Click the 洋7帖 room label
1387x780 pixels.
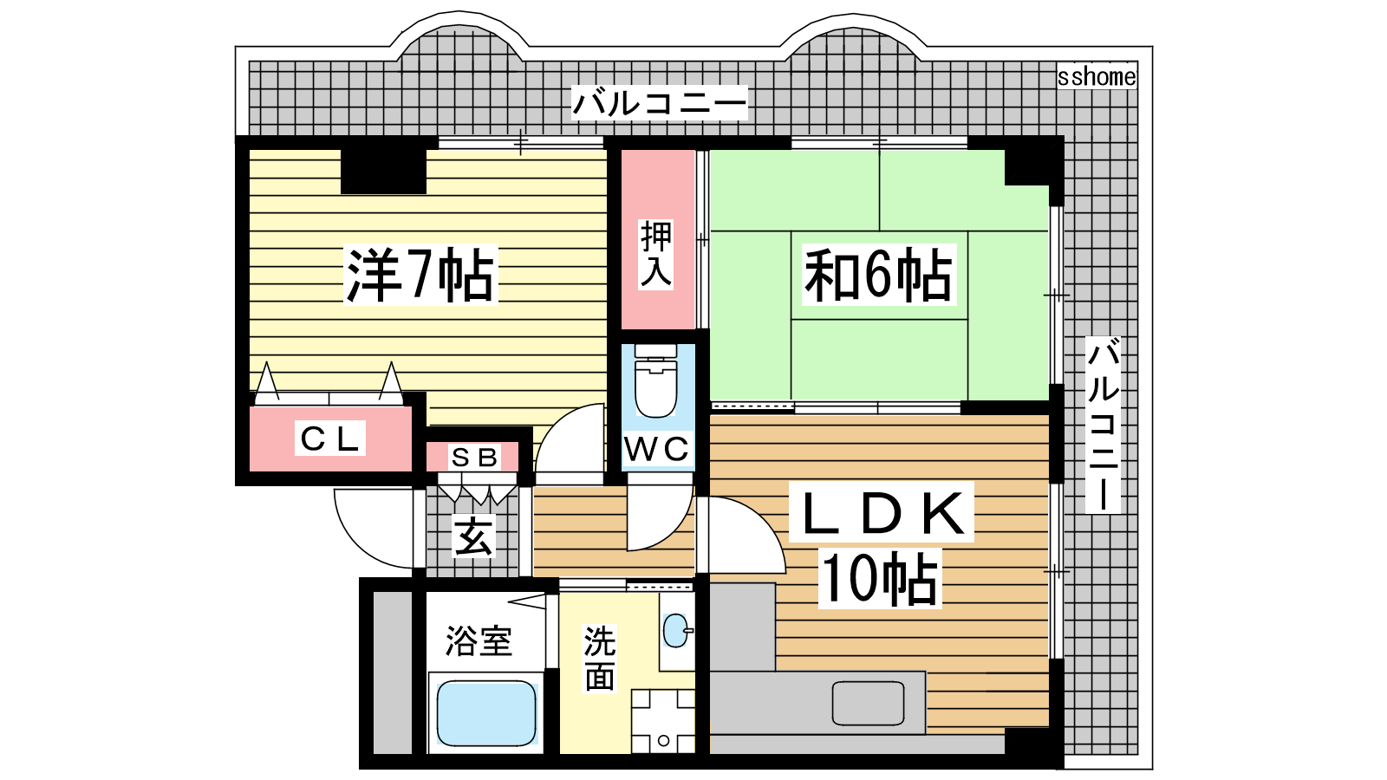420,275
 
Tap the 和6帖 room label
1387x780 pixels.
878,275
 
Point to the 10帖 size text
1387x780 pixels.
880,579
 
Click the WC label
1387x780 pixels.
657,449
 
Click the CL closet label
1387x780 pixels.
329,439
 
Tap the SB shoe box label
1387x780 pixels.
474,457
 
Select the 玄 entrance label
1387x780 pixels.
474,536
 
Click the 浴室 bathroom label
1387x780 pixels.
479,641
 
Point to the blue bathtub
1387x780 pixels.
485,712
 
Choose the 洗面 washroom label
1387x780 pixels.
599,659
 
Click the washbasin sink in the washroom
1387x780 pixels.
676,631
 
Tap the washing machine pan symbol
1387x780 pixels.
663,720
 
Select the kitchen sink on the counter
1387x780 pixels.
868,703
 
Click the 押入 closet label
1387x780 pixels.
656,254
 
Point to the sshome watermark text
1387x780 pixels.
1097,77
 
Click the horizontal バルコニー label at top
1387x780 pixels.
659,103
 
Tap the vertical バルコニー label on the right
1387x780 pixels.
1103,425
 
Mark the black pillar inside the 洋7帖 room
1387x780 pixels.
383,171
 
